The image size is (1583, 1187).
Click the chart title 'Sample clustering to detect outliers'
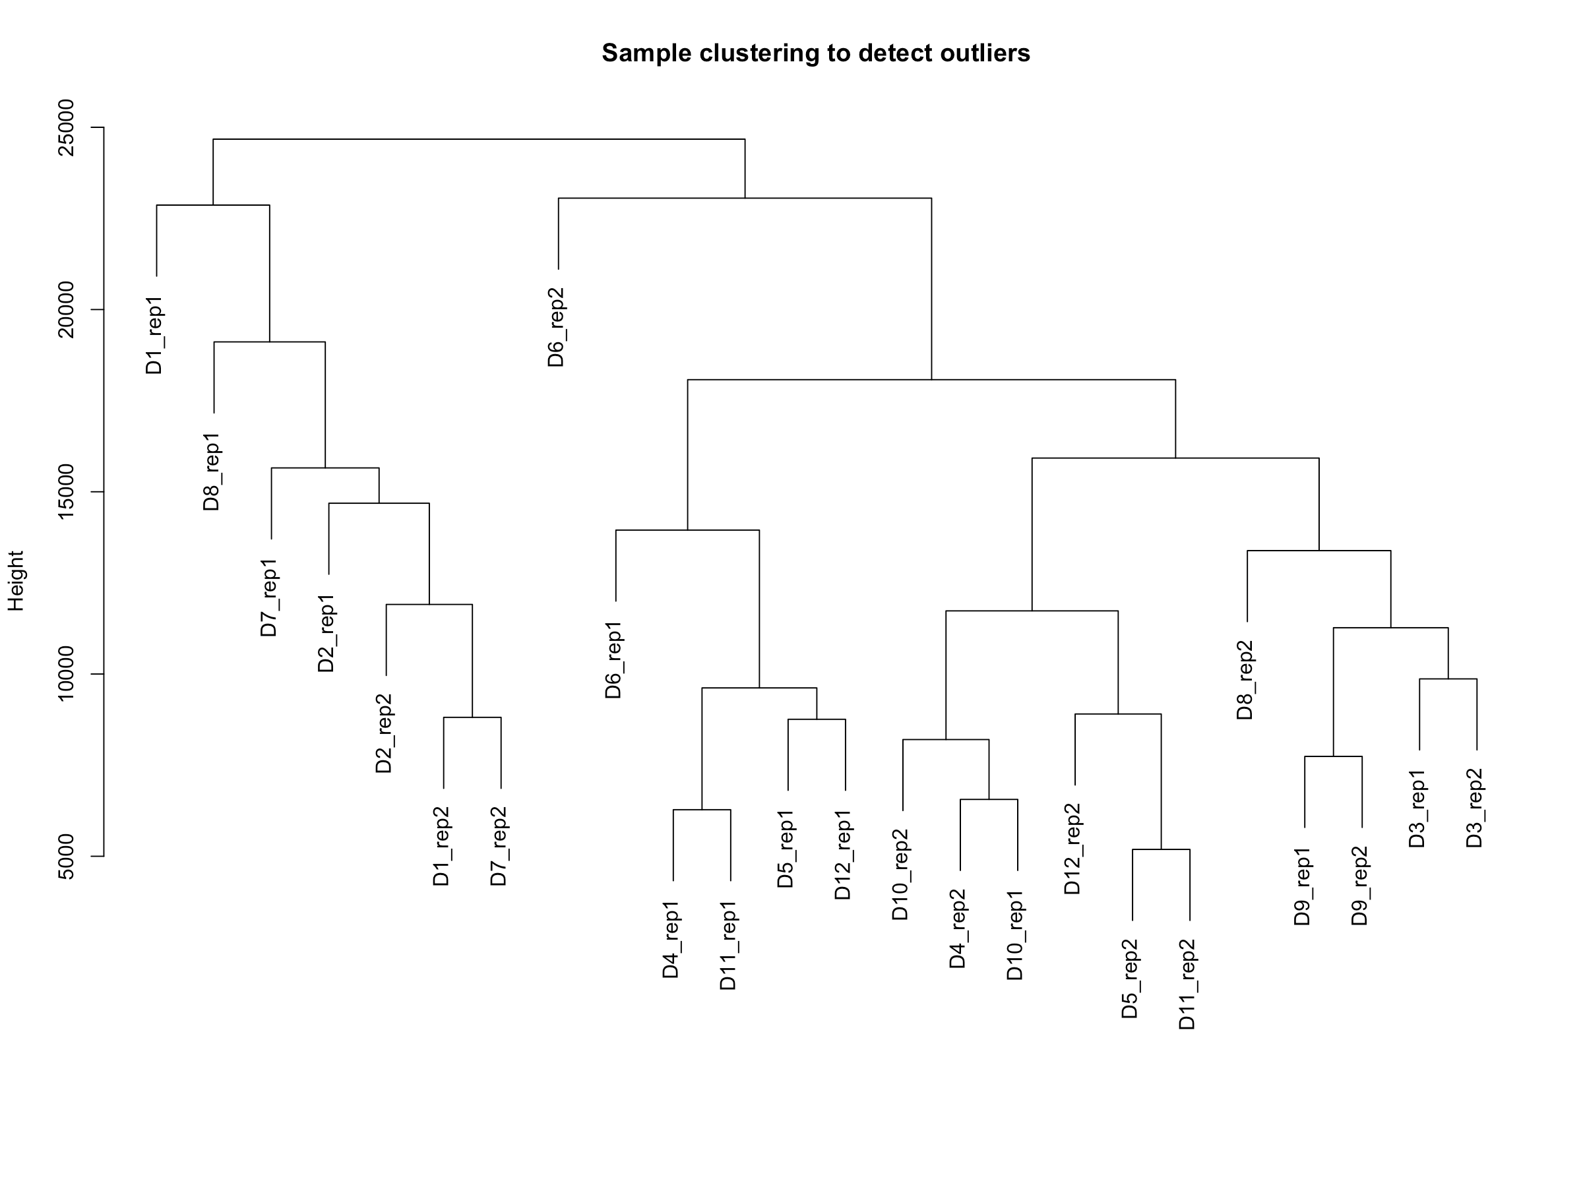[x=815, y=53]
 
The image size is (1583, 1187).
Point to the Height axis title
[x=16, y=580]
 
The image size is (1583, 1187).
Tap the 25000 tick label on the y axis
[x=66, y=127]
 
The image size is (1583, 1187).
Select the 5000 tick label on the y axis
[x=66, y=856]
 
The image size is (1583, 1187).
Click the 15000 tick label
[x=66, y=491]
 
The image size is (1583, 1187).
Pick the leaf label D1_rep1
[x=154, y=335]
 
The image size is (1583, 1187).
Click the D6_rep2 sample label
[x=556, y=327]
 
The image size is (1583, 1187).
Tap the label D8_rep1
[x=212, y=472]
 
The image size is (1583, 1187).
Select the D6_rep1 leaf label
[x=614, y=659]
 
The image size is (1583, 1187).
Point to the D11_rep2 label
[x=1187, y=984]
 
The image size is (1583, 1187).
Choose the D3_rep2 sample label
[x=1475, y=808]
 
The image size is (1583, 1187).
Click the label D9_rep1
[x=1303, y=886]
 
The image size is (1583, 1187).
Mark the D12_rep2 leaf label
[x=1072, y=849]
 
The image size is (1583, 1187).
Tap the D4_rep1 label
[x=671, y=940]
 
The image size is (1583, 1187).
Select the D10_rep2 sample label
[x=900, y=874]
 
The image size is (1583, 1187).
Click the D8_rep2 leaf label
[x=1245, y=680]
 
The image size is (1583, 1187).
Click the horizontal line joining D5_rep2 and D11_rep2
[x=1161, y=849]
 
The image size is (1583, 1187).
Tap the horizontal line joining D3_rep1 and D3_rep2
[x=1448, y=679]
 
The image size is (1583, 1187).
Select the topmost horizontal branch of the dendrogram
[x=479, y=140]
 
